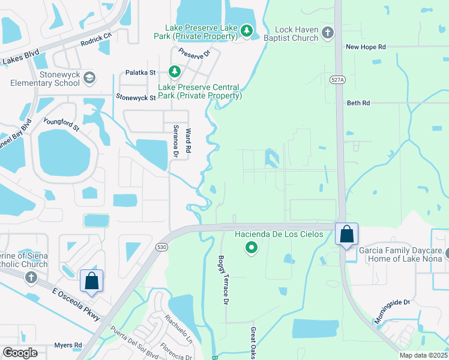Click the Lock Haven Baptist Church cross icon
327,32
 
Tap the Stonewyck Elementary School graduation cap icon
89,77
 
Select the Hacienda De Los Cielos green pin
252,247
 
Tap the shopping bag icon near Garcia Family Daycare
347,234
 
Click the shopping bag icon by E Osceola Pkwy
91,281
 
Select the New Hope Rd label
366,47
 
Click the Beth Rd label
358,103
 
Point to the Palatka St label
140,73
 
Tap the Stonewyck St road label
136,96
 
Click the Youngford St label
61,124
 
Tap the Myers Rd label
68,345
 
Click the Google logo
20,353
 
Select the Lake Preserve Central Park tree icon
174,72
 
